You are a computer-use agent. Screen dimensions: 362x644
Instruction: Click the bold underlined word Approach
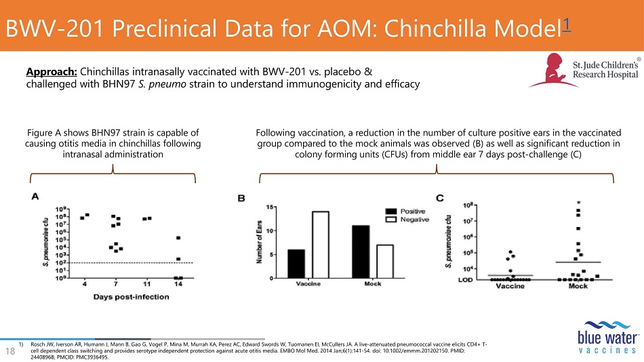click(x=52, y=72)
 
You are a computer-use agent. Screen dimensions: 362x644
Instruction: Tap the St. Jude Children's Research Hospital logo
click(x=583, y=72)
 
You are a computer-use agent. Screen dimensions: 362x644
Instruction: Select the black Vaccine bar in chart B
click(x=296, y=264)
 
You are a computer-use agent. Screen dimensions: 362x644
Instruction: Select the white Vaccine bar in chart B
click(x=321, y=245)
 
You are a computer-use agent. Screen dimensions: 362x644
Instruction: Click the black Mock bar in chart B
click(x=361, y=252)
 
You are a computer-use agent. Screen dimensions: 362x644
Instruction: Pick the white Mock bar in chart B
click(x=384, y=261)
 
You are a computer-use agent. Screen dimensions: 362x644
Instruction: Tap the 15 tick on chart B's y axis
click(x=270, y=207)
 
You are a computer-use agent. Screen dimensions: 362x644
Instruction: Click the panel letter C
click(x=439, y=198)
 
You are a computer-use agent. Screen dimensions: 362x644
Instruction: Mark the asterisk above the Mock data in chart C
click(x=578, y=202)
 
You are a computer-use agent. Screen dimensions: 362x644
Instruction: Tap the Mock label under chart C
click(x=578, y=287)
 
